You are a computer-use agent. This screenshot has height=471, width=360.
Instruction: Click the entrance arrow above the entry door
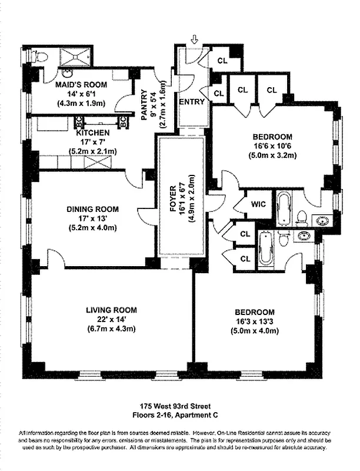pos(195,39)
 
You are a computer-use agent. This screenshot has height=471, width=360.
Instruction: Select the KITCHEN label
pos(93,132)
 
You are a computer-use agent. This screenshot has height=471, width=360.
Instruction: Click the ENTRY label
pos(191,101)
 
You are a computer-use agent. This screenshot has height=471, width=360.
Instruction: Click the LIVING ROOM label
pos(111,310)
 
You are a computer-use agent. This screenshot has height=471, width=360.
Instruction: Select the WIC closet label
pos(258,204)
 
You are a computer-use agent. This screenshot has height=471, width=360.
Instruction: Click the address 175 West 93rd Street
pos(179,406)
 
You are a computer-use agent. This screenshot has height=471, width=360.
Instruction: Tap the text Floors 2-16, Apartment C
pos(179,414)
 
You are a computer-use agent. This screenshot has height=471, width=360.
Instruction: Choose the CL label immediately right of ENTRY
pos(219,93)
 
